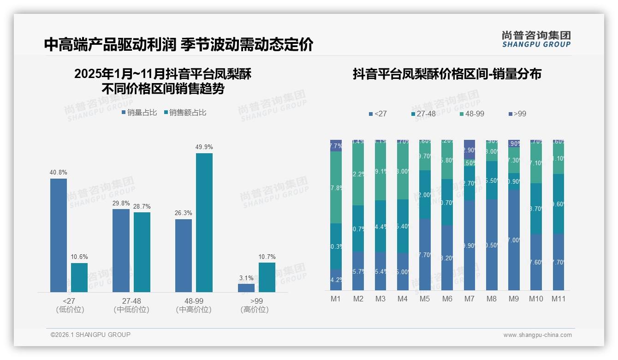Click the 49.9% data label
tap(204, 147)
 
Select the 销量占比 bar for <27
tap(59, 235)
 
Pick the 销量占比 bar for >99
tap(246, 288)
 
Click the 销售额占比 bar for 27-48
tap(142, 252)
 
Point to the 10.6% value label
tap(79, 257)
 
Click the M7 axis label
tap(469, 299)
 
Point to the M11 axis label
tap(559, 299)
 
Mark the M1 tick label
tap(336, 299)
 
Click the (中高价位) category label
tap(194, 310)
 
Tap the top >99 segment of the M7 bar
tap(469, 146)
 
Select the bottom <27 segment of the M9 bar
tap(514, 240)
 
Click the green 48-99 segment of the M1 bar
tap(336, 187)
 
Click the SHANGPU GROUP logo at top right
tap(536, 39)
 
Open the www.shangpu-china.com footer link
tap(537, 335)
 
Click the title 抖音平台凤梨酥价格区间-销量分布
tap(446, 74)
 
